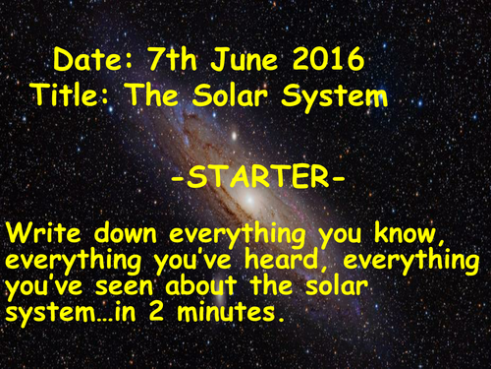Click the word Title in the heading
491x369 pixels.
point(71,95)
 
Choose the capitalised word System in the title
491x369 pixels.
point(328,95)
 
